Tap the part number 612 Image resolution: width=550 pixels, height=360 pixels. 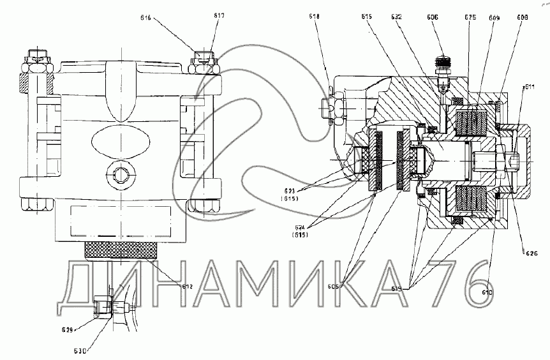point(186,287)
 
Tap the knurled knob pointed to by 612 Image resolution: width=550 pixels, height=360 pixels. point(120,249)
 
